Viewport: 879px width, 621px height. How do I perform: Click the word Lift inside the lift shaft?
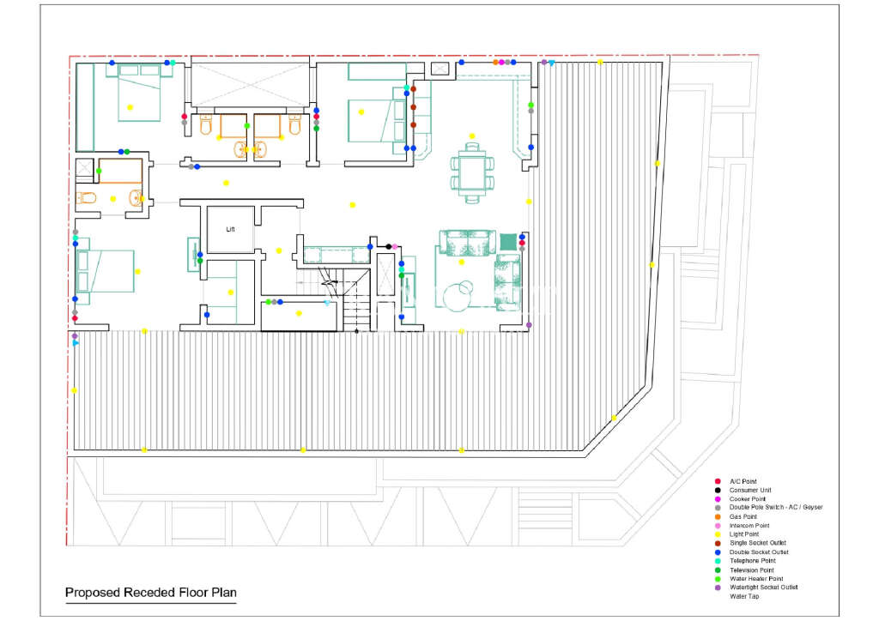(230, 229)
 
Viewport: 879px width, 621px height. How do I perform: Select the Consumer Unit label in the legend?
(750, 490)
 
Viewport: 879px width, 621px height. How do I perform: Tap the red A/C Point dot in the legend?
(718, 481)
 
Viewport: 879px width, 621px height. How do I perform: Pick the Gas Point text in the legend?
(743, 516)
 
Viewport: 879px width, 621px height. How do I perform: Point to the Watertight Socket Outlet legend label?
(763, 588)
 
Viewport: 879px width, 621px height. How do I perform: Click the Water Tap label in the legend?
(744, 596)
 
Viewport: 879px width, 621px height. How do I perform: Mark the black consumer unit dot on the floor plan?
(389, 246)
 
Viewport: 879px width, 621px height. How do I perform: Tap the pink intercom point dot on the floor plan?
(395, 246)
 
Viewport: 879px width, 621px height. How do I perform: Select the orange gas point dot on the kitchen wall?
(495, 62)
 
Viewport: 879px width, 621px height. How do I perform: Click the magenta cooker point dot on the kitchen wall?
(501, 62)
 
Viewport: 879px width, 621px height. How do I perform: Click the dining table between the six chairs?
(473, 172)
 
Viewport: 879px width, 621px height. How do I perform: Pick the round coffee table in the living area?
(456, 296)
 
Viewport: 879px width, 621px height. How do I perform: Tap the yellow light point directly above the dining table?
(472, 136)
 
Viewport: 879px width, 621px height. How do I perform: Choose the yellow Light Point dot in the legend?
(718, 534)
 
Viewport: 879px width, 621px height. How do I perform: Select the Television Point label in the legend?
(752, 570)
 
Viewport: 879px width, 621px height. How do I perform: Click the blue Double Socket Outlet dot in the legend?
(718, 552)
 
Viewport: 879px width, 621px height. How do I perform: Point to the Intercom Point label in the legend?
(749, 525)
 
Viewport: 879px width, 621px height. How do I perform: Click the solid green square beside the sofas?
(508, 242)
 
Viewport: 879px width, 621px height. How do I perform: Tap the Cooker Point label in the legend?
(748, 498)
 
